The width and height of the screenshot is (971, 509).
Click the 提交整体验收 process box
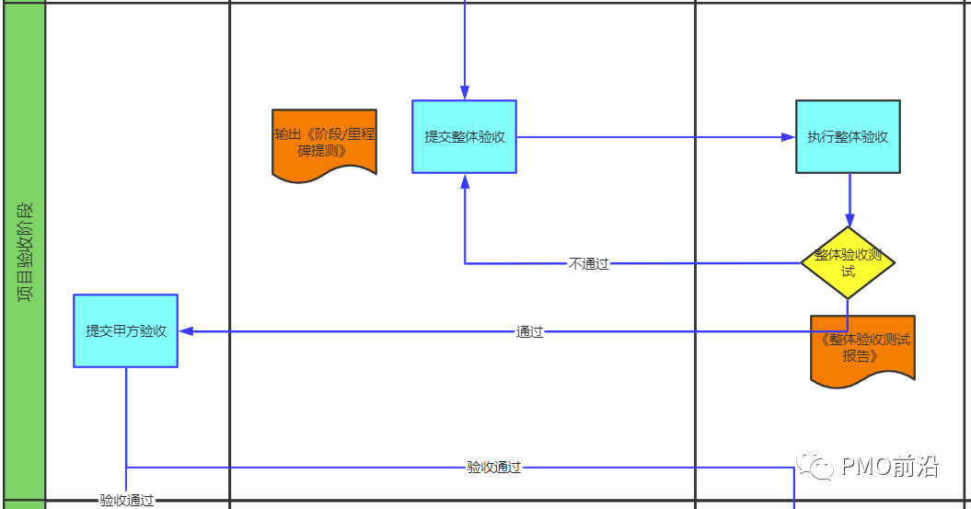click(x=464, y=136)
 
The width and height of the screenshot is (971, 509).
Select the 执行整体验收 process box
click(x=848, y=136)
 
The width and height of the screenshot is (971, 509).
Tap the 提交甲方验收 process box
click(x=125, y=330)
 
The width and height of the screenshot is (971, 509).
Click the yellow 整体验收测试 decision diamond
click(x=848, y=262)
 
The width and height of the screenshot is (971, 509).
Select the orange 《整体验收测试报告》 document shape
click(x=862, y=348)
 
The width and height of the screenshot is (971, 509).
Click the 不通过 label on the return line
click(x=588, y=264)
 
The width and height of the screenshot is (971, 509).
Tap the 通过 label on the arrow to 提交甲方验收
click(x=529, y=331)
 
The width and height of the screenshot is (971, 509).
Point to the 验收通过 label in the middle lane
click(x=493, y=468)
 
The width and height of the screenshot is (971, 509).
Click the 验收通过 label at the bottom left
click(x=127, y=501)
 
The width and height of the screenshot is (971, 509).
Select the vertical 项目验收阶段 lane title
click(x=25, y=253)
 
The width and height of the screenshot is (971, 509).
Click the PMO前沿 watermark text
click(x=889, y=467)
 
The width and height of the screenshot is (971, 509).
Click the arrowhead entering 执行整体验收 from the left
click(x=789, y=137)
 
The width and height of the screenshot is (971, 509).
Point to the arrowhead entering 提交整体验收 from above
click(x=465, y=93)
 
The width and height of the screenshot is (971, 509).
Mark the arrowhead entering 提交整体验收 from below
click(x=465, y=180)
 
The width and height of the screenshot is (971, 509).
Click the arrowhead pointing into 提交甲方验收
click(x=185, y=330)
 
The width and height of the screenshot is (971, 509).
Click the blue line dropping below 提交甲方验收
click(x=126, y=414)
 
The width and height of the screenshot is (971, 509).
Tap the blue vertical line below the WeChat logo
click(x=793, y=492)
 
